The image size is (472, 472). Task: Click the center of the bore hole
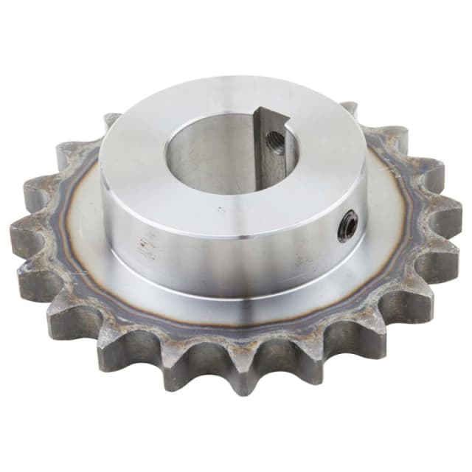pos(229,151)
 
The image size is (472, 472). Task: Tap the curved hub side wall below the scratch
pos(221,251)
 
